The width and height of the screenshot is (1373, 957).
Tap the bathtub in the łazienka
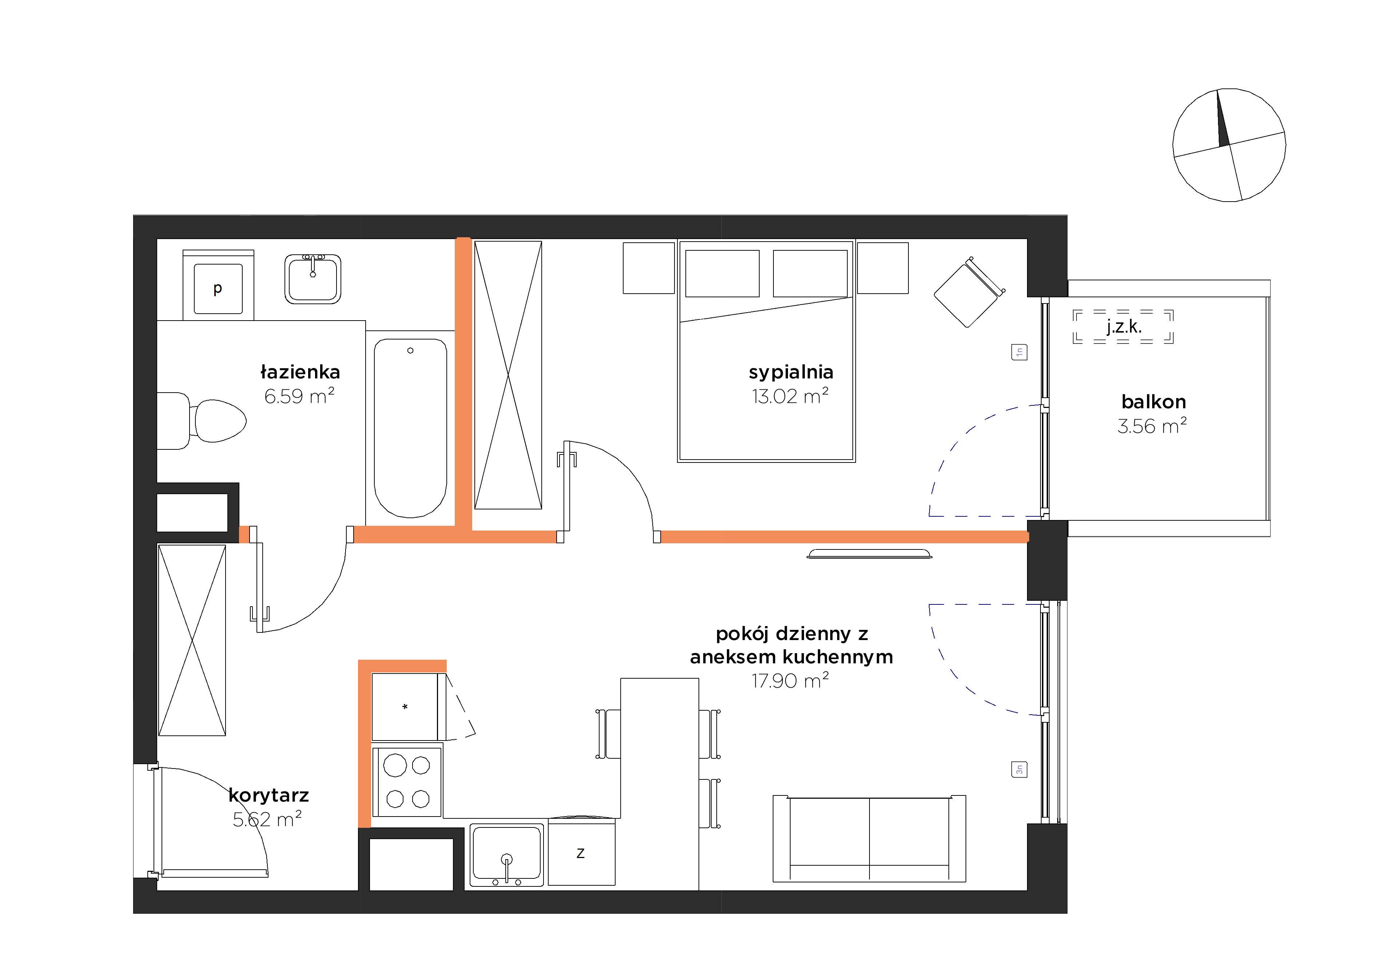coord(410,428)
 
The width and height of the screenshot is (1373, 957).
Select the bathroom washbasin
coord(313,279)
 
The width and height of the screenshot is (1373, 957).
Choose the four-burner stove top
coord(407,781)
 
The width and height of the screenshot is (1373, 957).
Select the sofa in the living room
coord(869,839)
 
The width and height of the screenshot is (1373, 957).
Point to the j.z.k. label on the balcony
coord(1124,326)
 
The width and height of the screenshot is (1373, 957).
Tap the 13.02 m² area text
coord(790,396)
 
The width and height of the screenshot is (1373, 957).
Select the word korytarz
coord(268,795)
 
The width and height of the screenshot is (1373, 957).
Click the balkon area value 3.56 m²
coord(1152,426)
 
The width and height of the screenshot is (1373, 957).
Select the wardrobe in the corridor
coord(192,640)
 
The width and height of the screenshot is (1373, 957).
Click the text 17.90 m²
coord(790,681)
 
